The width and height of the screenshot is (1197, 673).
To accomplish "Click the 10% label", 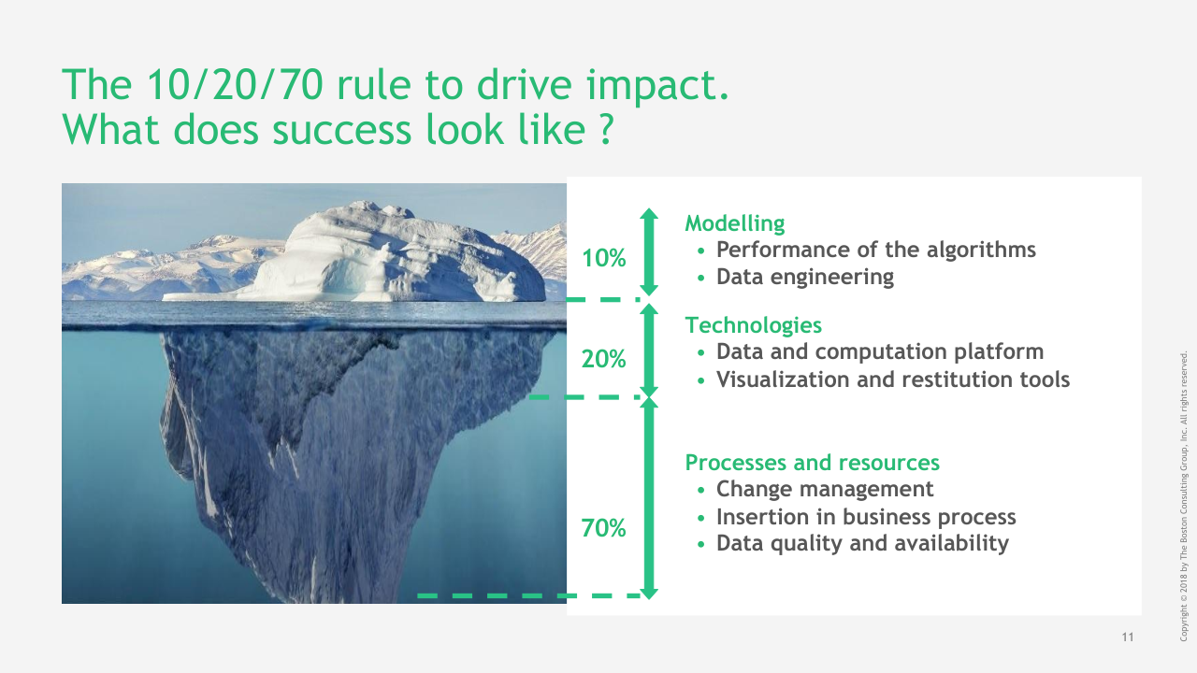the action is click(x=603, y=259).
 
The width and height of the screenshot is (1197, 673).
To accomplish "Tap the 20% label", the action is click(x=603, y=359).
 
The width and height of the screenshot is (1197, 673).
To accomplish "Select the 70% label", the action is click(x=603, y=528).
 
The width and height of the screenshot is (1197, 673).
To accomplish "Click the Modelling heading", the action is click(x=735, y=223).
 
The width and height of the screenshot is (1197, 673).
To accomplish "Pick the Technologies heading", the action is click(x=754, y=325).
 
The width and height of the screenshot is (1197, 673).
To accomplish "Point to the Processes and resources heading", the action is click(x=813, y=463).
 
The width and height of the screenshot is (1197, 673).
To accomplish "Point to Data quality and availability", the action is click(x=862, y=544).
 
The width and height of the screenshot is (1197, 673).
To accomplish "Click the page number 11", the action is click(x=1128, y=637).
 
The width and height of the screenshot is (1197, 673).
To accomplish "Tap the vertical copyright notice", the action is click(x=1183, y=495).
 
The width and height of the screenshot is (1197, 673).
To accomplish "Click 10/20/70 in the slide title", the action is click(x=235, y=84).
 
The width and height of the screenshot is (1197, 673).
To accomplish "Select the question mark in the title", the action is click(x=606, y=129).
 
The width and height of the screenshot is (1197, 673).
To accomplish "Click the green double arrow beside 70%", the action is click(x=649, y=498).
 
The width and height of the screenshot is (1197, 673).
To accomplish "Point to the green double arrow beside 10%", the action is click(x=649, y=251).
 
